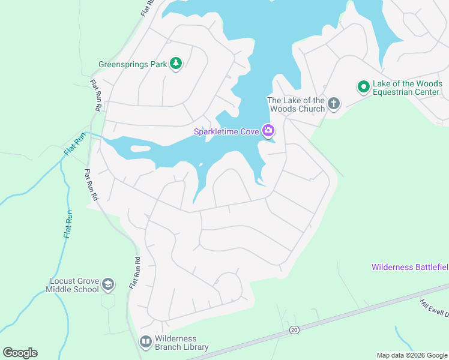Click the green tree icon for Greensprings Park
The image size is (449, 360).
175,64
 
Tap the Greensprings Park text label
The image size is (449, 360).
132,64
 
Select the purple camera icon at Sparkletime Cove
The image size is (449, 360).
268,131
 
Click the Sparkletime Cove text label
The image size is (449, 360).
226,131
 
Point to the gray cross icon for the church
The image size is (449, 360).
334,104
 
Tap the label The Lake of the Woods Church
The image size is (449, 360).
296,104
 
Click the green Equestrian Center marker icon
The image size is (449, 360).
363,88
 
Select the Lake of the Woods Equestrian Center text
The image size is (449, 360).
407,88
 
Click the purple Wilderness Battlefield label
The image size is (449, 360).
409,266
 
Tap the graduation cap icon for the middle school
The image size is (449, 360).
108,284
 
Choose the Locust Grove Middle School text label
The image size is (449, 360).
72,285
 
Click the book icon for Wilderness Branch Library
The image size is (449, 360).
145,342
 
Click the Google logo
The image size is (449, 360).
20,352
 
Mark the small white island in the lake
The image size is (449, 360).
140,149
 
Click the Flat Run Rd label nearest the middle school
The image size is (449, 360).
134,274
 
